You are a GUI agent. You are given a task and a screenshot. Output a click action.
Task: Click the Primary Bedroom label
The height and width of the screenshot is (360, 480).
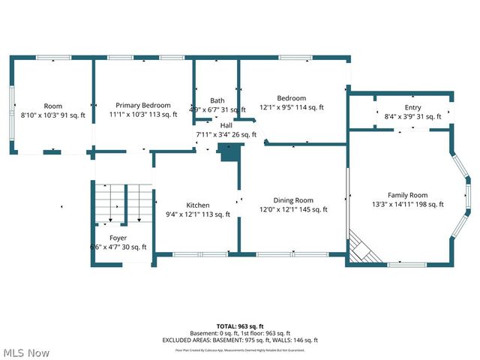142,105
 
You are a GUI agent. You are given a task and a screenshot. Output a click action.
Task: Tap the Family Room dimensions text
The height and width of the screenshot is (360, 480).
408,204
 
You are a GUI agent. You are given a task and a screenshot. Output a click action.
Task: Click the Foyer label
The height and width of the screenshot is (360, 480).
118,237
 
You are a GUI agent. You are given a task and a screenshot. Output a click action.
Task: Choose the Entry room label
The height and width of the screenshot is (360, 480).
412,107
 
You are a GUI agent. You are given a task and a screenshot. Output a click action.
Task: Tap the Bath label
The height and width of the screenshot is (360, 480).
217,100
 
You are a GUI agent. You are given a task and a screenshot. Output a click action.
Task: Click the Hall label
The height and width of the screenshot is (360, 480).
226,125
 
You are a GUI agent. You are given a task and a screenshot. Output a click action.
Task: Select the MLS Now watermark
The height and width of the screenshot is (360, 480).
26,352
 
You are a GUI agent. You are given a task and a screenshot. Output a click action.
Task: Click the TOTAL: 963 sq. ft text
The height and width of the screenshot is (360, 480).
240,327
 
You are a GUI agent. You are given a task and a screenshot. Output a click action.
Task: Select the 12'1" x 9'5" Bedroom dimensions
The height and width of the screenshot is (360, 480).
291,107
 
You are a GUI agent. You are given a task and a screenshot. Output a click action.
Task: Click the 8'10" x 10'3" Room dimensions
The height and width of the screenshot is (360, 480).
52,115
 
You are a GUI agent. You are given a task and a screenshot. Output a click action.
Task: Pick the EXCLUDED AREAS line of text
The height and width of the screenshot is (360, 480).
240,340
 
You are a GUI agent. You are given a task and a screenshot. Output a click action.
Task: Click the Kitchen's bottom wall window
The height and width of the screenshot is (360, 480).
189,255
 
